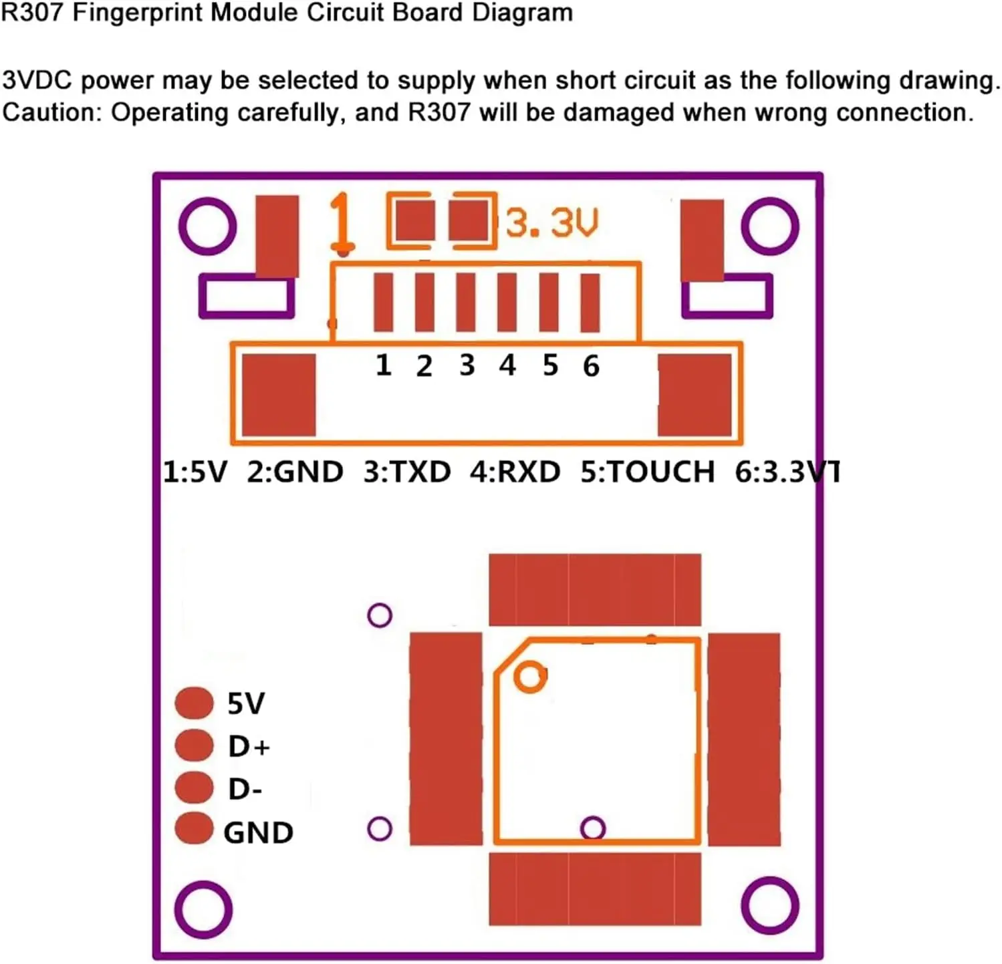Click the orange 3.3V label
(x=551, y=222)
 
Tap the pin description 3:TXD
(x=406, y=472)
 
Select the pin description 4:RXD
(x=515, y=472)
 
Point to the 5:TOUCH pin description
(x=647, y=472)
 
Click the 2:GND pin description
(x=295, y=472)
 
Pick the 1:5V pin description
(x=195, y=472)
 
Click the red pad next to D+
(x=194, y=745)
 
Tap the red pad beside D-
(x=194, y=787)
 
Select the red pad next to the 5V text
(x=194, y=702)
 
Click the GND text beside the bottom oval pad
(x=259, y=833)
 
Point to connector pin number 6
(x=591, y=366)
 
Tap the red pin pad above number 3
(x=466, y=303)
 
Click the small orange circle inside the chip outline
(x=530, y=677)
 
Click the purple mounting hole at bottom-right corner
(x=770, y=905)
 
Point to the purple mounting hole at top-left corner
(x=208, y=226)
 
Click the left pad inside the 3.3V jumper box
(x=414, y=220)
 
